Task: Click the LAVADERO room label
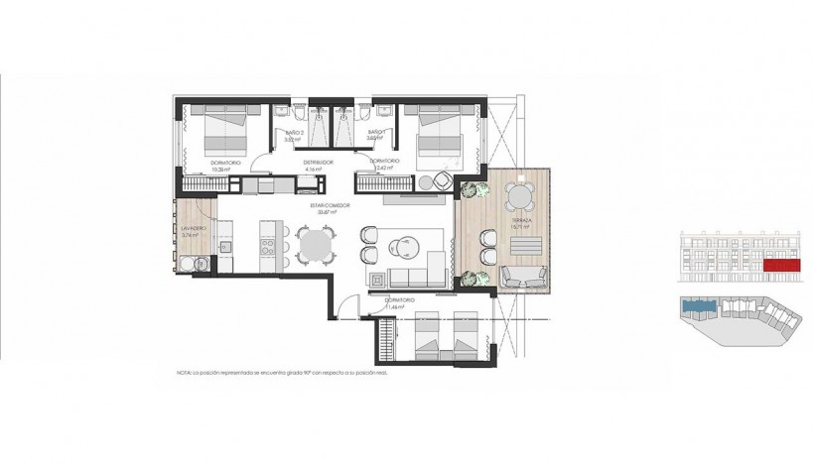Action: pyautogui.click(x=193, y=228)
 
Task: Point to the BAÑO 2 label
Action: pyautogui.click(x=293, y=132)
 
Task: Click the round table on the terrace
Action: pyautogui.click(x=518, y=196)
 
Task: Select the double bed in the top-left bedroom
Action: pyautogui.click(x=224, y=133)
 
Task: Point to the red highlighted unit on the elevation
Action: pyautogui.click(x=780, y=266)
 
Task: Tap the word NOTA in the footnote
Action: pyautogui.click(x=184, y=374)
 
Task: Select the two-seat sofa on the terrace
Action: pyautogui.click(x=523, y=275)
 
